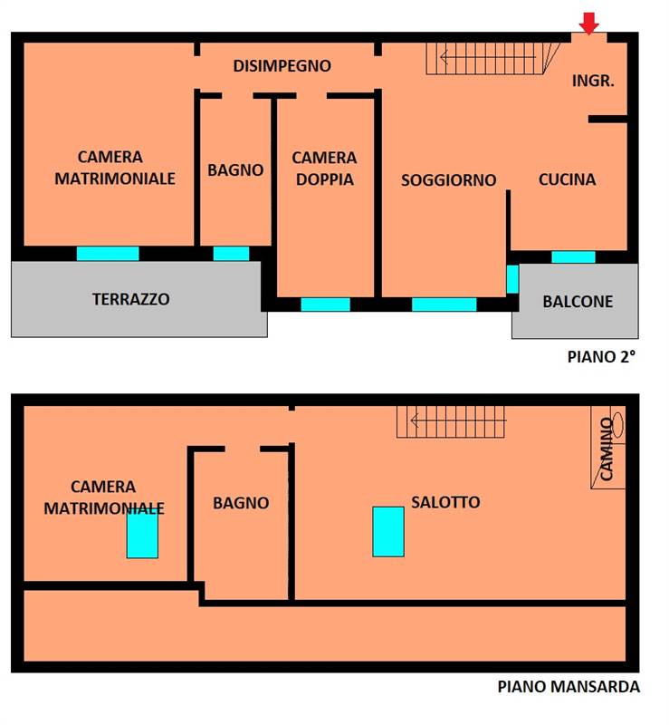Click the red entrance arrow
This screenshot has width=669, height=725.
[589, 24]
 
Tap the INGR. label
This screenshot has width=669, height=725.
[594, 80]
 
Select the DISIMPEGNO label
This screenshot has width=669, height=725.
[282, 66]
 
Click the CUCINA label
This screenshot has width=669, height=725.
[567, 179]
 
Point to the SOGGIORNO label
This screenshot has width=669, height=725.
[448, 180]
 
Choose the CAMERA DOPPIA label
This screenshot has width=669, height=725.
[324, 169]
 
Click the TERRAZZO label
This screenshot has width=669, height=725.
[130, 299]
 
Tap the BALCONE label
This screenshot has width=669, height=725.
[578, 302]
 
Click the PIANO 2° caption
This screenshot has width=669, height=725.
[601, 356]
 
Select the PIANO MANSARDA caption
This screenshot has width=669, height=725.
[569, 687]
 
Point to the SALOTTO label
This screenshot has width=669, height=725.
[445, 502]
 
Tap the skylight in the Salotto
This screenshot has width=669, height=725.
[388, 531]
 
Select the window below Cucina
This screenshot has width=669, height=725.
[573, 257]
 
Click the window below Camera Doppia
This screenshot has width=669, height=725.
[325, 304]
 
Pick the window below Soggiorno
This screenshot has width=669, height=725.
[444, 304]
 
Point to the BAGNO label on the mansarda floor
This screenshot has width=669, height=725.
[241, 502]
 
